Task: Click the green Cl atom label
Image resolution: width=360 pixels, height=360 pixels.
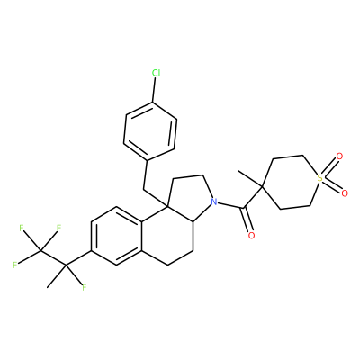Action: pos(156,73)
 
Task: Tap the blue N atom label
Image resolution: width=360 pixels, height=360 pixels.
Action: pos(213,202)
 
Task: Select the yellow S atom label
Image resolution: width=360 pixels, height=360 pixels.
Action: pos(319,178)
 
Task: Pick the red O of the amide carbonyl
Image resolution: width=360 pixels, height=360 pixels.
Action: pos(251,236)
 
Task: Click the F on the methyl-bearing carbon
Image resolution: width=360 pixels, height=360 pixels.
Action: pos(85,288)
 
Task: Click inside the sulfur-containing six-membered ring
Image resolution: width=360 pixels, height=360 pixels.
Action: pos(291,182)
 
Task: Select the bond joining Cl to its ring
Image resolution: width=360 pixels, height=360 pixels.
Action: pos(154,90)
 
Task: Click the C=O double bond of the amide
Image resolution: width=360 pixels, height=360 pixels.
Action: pos(247,220)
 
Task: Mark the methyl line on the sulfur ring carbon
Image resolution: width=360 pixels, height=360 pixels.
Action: pos(250,179)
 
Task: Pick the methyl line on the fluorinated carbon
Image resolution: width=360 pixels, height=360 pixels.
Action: pos(57,276)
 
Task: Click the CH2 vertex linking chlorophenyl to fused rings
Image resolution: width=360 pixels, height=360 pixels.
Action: pos(143,189)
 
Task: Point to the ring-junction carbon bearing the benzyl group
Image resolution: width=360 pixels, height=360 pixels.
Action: pos(167,206)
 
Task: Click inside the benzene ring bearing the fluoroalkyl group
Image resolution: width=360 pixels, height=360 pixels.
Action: pos(116,236)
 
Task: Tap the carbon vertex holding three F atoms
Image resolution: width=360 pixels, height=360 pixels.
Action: pos(40,251)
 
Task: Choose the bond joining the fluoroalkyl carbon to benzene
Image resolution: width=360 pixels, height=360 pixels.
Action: pos(78,258)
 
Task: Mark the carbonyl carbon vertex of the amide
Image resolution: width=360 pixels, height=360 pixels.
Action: pos(245,208)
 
